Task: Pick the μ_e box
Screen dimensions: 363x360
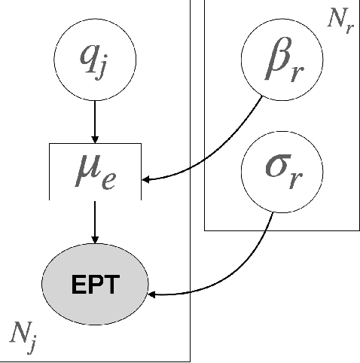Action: pos(95,174)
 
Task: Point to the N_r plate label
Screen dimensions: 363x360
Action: pos(338,20)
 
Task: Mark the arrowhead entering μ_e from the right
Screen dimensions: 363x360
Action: pos(148,179)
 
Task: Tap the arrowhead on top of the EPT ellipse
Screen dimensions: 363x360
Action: pos(95,239)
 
